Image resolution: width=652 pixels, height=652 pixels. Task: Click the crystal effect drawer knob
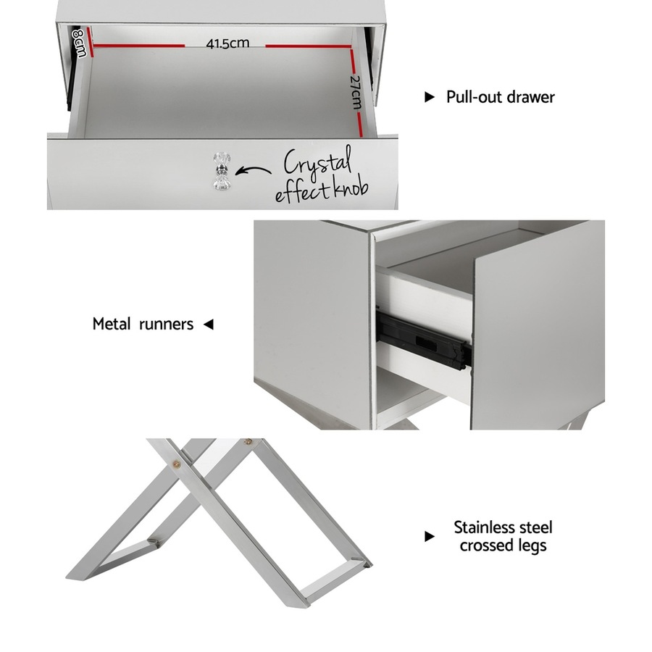[220, 172]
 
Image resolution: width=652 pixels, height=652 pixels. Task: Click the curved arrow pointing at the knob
[254, 172]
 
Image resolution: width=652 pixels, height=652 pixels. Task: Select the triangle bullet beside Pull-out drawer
[430, 97]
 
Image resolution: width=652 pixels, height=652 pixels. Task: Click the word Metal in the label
[113, 324]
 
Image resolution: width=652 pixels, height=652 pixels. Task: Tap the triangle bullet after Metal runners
[208, 325]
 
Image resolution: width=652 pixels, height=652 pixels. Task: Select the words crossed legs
[503, 546]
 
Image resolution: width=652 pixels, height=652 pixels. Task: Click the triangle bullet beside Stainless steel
[430, 537]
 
